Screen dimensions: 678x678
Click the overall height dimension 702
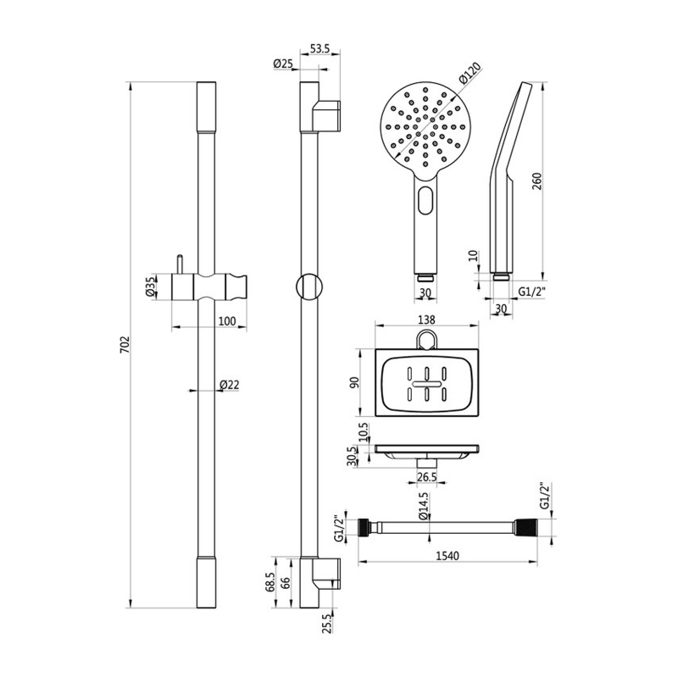(x=124, y=345)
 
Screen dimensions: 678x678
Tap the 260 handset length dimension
(x=536, y=181)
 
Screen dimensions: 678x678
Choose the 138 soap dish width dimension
(x=427, y=320)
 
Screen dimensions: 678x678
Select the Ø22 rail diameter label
(x=229, y=385)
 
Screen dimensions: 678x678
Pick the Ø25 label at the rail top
(x=282, y=64)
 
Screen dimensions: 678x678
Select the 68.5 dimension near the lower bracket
(x=270, y=584)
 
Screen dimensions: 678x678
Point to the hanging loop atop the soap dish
(x=427, y=341)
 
